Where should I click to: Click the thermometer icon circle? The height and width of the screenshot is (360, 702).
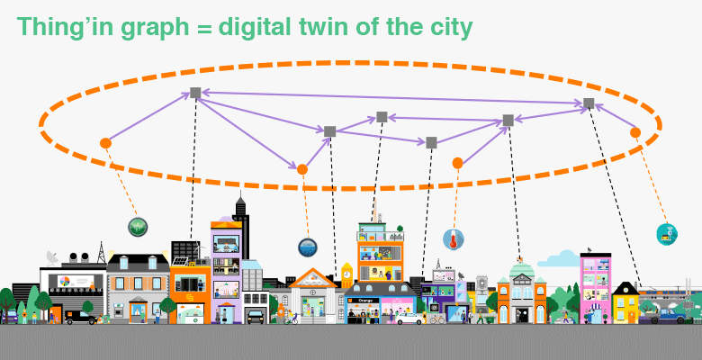tap(453, 238)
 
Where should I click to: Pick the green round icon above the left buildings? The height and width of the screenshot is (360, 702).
tap(137, 228)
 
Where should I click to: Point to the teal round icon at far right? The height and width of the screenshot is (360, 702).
tap(667, 234)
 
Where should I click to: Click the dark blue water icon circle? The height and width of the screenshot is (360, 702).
tap(308, 247)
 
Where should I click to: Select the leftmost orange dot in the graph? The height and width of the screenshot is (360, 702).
tap(105, 142)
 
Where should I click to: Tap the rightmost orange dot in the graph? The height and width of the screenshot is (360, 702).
tap(635, 132)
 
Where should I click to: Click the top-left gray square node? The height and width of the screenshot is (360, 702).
tap(195, 93)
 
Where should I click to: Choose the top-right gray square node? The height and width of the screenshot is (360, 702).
tap(589, 103)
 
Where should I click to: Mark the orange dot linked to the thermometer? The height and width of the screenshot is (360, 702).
tap(457, 163)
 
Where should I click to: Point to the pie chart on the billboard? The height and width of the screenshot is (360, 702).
tap(64, 282)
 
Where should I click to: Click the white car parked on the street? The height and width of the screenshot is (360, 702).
tap(409, 318)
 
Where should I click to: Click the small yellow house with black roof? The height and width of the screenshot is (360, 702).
tap(625, 301)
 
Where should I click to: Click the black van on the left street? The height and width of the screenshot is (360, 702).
tap(80, 317)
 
